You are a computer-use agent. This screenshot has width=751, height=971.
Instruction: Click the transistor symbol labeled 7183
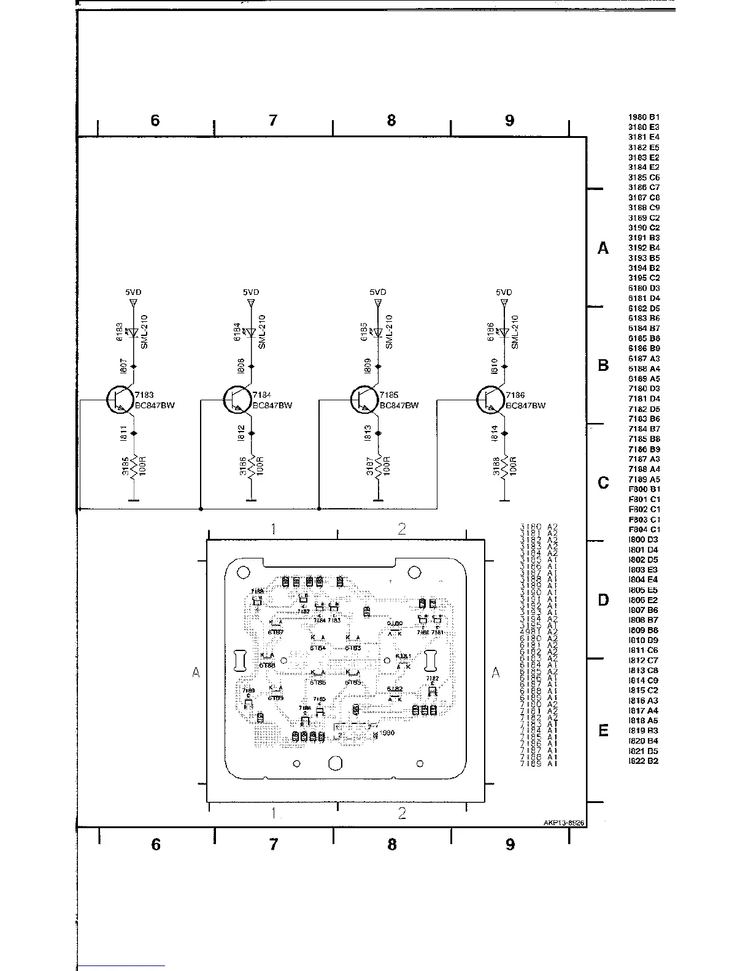[118, 400]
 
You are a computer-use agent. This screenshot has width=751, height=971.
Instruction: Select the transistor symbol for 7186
[489, 400]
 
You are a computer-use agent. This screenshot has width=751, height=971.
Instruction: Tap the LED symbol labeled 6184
[251, 333]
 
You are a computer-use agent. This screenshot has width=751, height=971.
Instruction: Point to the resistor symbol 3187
[379, 465]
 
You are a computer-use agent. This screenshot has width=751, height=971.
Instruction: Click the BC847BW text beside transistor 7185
[399, 406]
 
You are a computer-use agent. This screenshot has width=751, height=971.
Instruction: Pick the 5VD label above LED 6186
[504, 293]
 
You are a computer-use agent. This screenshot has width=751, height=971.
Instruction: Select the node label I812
[242, 433]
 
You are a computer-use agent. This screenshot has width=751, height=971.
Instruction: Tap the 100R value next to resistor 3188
[513, 466]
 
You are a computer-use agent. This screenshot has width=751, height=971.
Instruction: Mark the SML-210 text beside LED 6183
[144, 332]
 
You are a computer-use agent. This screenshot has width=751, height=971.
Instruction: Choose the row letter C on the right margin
[603, 483]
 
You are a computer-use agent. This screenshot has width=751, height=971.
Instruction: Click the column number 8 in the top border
[391, 120]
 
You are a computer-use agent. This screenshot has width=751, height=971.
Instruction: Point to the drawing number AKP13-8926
[563, 823]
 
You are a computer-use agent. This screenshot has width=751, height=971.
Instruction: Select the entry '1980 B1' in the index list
[644, 117]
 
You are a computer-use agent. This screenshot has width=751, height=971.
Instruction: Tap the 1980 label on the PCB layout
[387, 733]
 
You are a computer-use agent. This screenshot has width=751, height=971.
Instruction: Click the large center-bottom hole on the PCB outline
[335, 763]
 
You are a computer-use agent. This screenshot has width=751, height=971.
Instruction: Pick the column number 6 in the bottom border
[156, 845]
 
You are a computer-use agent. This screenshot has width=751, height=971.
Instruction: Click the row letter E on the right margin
[603, 731]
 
